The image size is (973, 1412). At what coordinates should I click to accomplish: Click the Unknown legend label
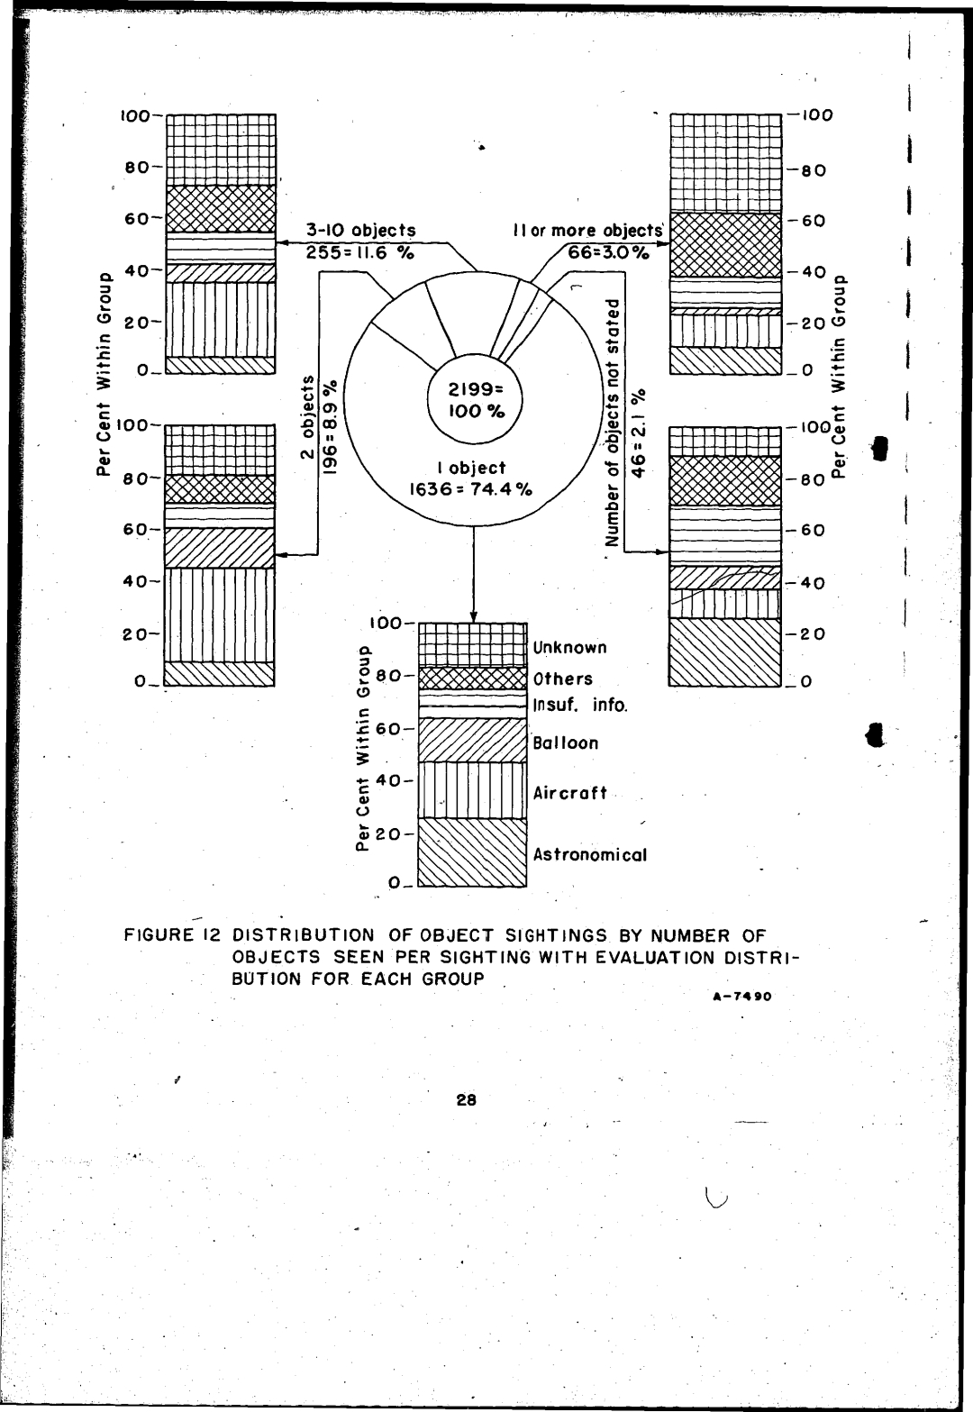tap(569, 647)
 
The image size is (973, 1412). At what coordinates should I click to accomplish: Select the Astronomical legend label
tap(590, 854)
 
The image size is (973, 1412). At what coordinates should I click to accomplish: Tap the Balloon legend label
tap(565, 742)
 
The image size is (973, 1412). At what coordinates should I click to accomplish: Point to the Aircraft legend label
tap(569, 792)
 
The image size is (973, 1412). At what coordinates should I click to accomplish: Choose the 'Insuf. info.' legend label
tap(580, 705)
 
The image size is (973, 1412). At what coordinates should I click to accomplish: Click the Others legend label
tap(563, 679)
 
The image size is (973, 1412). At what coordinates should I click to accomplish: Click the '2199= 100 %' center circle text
tap(476, 400)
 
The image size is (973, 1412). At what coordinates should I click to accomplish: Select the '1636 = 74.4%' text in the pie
tap(471, 488)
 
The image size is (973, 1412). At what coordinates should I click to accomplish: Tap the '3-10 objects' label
tap(360, 231)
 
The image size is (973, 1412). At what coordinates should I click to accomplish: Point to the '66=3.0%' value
tap(608, 252)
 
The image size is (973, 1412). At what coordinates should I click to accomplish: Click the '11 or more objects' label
tap(587, 231)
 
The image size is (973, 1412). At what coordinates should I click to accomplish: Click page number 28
tap(467, 1100)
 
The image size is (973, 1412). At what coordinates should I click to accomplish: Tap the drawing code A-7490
tap(742, 997)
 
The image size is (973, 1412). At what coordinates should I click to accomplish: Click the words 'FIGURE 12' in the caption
tap(171, 934)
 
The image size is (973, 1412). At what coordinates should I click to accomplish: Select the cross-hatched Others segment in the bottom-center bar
tap(473, 679)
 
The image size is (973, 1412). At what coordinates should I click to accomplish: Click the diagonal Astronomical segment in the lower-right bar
tap(724, 651)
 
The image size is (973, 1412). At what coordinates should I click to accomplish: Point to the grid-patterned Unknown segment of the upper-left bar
tap(221, 150)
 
